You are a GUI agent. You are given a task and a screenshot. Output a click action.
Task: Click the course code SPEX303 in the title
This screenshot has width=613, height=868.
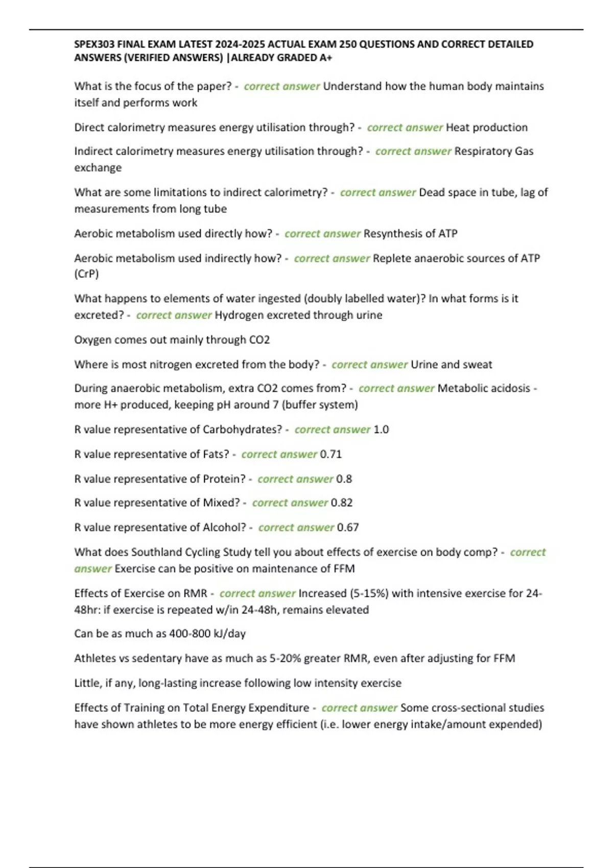coord(95,44)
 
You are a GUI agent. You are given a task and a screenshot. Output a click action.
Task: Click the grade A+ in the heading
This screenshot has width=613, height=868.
coord(325,58)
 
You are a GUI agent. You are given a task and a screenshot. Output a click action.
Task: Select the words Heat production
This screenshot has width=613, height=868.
coord(486,128)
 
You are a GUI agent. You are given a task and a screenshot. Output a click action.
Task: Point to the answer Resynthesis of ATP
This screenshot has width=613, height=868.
coord(410,234)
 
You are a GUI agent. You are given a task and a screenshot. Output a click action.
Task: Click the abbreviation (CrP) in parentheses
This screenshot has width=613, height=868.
coord(86,274)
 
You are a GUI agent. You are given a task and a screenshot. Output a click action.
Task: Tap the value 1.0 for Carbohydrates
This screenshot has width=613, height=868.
coord(381,430)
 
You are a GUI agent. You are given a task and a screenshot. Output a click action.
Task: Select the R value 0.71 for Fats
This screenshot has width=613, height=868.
coord(331,454)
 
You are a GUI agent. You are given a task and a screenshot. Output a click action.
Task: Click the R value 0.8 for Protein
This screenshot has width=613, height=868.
coord(344,479)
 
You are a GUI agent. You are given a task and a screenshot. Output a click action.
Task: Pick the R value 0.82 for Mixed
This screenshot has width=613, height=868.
coord(341,503)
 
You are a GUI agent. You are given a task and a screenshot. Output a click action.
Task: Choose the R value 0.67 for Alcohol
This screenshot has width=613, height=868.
coord(347,527)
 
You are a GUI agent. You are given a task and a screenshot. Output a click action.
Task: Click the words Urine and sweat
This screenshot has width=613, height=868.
coord(451,365)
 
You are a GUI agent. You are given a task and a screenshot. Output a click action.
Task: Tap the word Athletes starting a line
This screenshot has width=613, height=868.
coord(95,659)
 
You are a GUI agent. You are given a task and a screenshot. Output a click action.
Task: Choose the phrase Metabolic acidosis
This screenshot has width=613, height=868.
coord(484,389)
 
